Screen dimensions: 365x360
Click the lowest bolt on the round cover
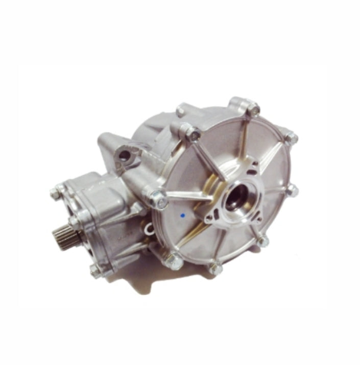point(218,269)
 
